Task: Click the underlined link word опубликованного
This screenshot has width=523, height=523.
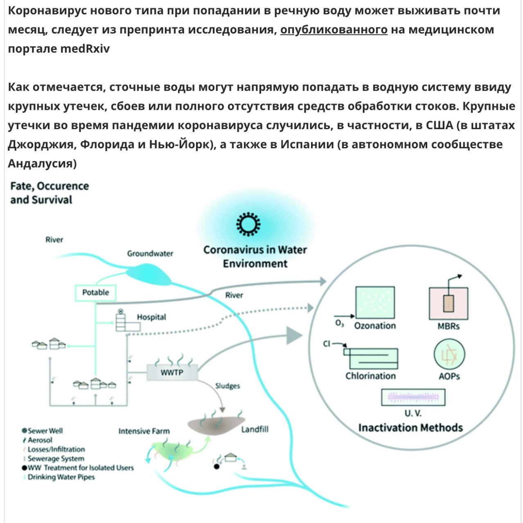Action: (x=334, y=30)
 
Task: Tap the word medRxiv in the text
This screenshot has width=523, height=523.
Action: (x=85, y=49)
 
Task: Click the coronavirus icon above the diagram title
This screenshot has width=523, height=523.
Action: (x=248, y=224)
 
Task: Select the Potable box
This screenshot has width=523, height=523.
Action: (x=96, y=293)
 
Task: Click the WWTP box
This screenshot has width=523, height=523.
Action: (x=172, y=372)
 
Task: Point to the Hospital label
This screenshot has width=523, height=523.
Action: (x=151, y=317)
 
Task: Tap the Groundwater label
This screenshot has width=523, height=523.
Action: (x=150, y=253)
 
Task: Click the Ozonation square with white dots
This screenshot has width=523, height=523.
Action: (x=375, y=302)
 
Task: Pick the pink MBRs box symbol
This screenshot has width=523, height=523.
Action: (x=448, y=303)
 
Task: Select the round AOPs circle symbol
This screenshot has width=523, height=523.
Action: (x=449, y=354)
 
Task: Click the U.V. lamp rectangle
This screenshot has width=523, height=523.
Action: (x=413, y=397)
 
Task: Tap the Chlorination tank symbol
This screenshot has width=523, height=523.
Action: (x=371, y=358)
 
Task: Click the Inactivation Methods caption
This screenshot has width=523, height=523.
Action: (x=410, y=428)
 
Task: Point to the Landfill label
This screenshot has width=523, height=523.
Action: (x=255, y=429)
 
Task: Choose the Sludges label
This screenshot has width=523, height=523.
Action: (x=228, y=386)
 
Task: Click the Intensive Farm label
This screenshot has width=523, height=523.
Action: (x=144, y=431)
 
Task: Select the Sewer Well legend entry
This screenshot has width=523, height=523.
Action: (x=43, y=431)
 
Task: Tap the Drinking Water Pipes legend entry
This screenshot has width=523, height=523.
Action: (x=59, y=477)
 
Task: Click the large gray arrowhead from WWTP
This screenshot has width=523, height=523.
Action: (x=295, y=336)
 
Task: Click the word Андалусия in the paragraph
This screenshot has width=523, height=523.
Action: (x=42, y=163)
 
